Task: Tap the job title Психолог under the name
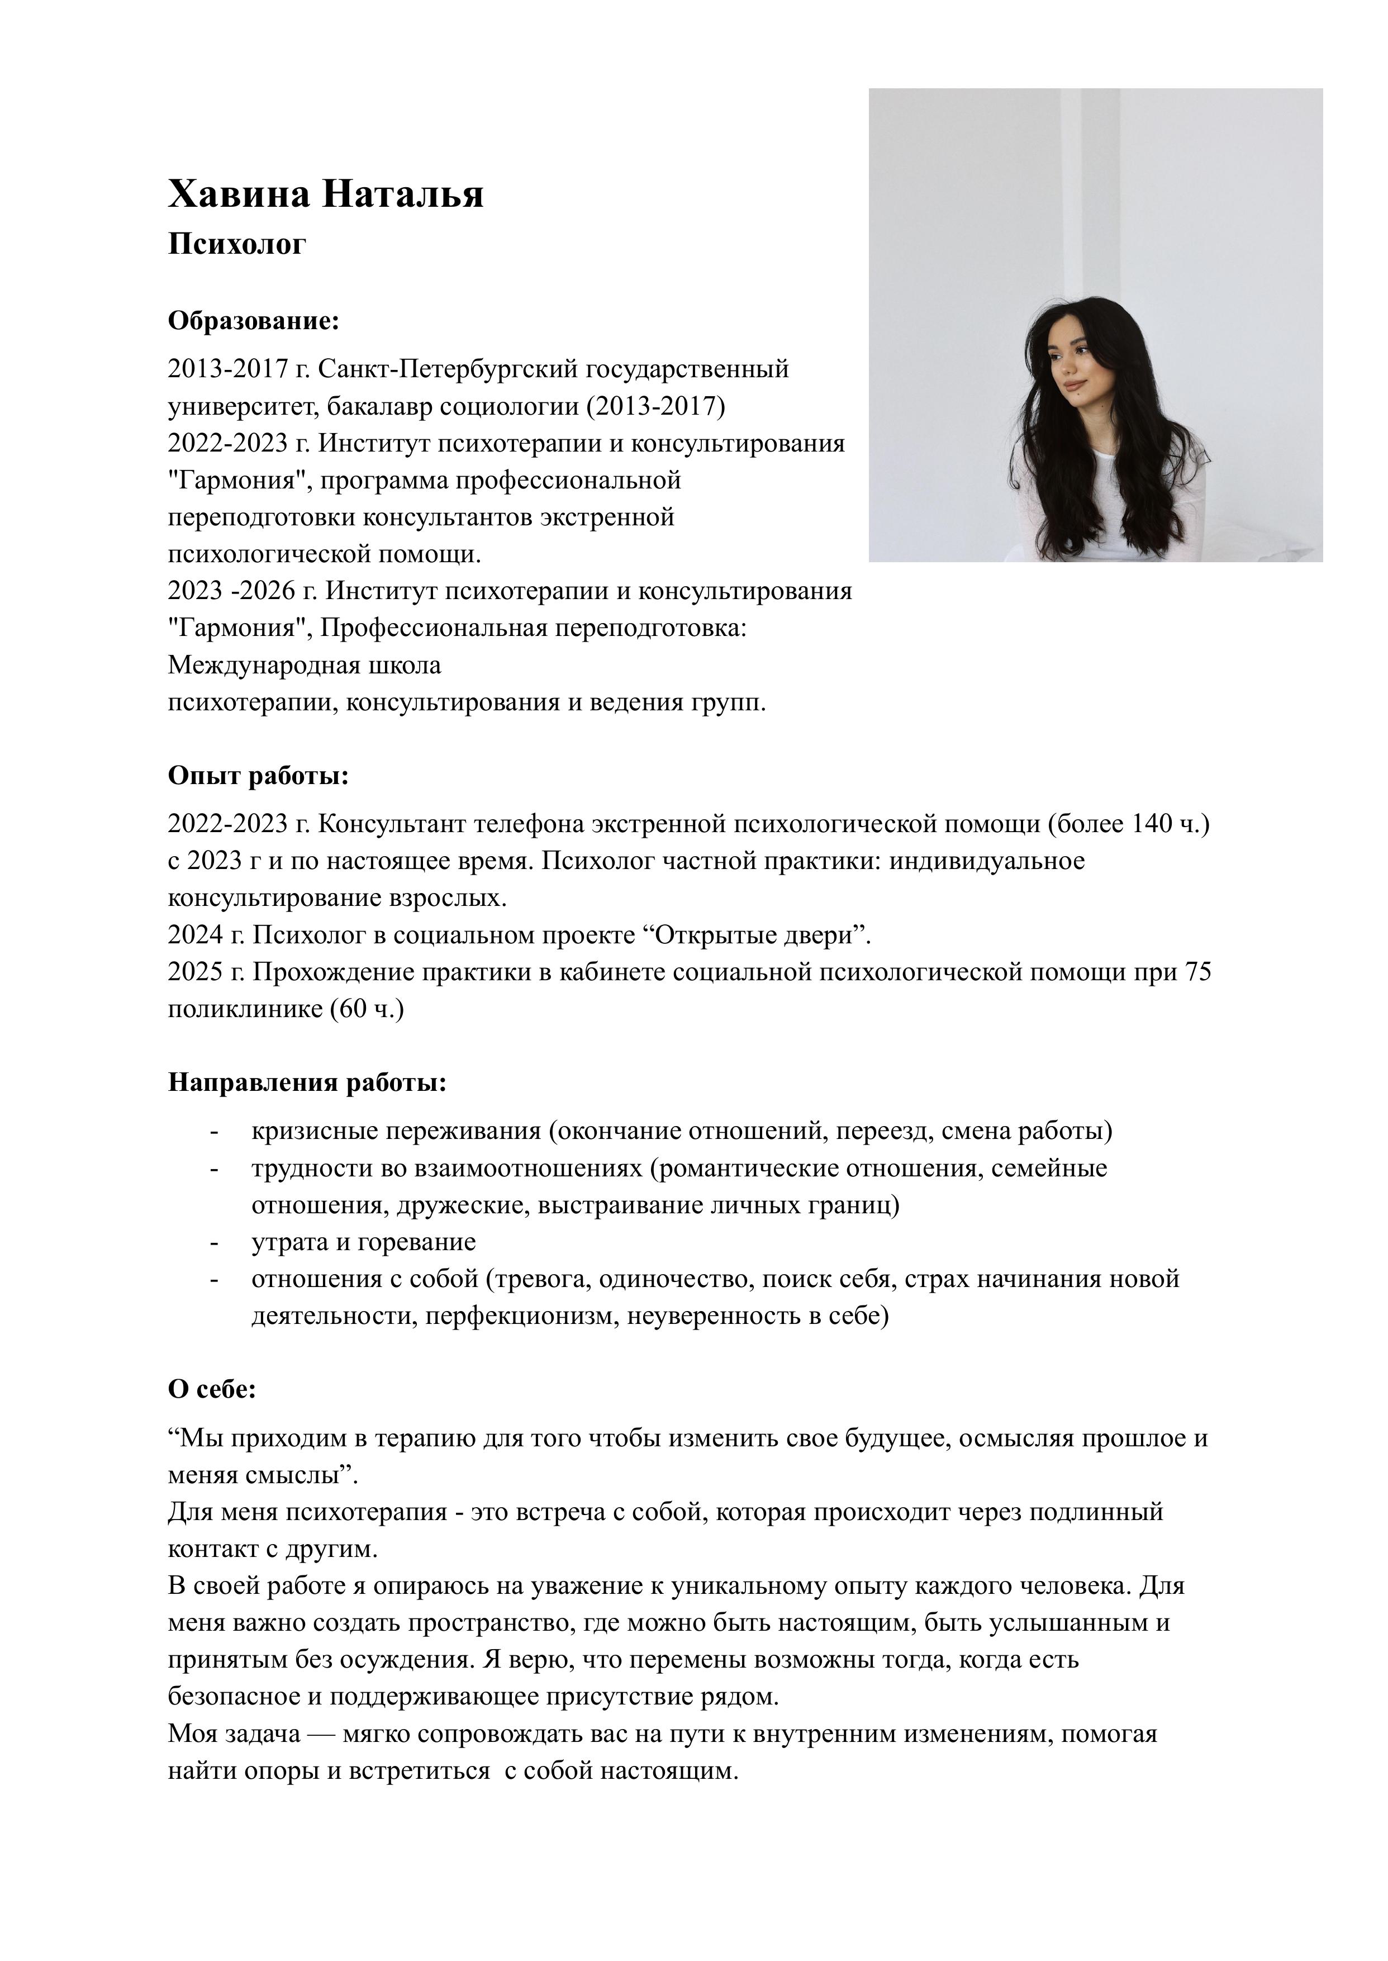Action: (x=237, y=244)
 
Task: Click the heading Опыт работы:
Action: (x=258, y=776)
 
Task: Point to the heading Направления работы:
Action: (x=307, y=1083)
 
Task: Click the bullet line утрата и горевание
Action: (x=363, y=1242)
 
